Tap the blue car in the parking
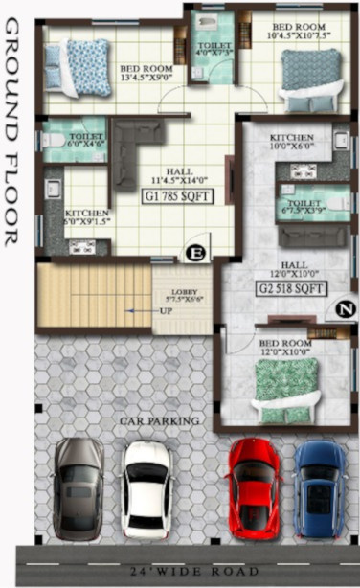319,488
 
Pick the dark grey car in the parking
79,488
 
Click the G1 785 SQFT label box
177,196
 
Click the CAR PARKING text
159,420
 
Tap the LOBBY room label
183,296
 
